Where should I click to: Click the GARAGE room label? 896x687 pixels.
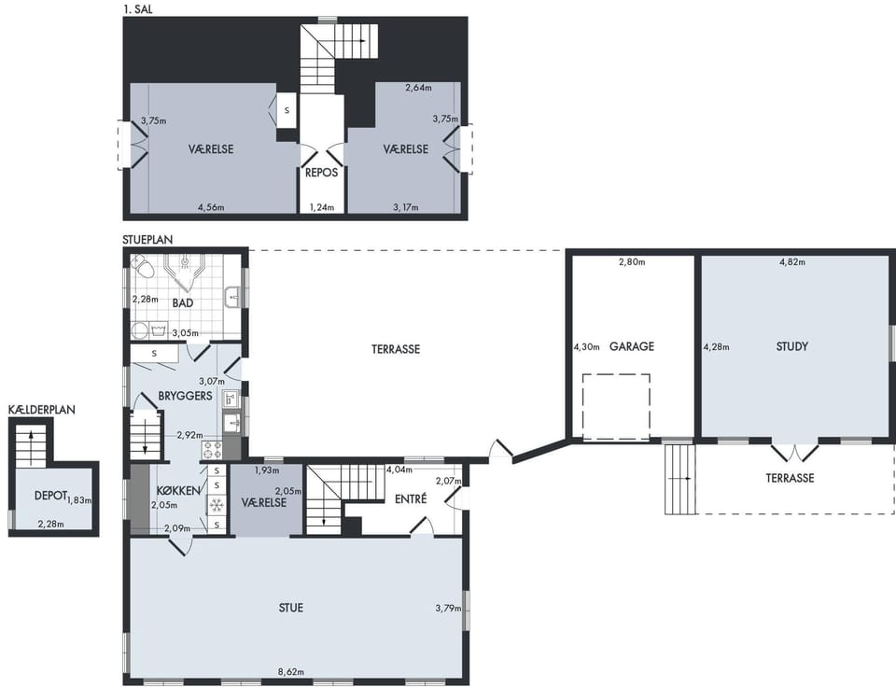coord(632,346)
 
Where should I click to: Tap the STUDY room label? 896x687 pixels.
coord(792,346)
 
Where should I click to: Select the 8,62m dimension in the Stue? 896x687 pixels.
coord(291,671)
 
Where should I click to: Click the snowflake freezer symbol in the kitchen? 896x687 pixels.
coord(216,505)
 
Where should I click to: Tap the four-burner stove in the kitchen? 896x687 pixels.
coord(212,450)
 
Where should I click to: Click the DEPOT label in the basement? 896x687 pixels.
coord(50,496)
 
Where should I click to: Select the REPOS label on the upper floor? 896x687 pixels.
coord(322,173)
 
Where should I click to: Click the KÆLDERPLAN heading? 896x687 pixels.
coord(42,410)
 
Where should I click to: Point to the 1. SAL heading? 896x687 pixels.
coord(138,9)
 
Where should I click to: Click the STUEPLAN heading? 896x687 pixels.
coord(147,240)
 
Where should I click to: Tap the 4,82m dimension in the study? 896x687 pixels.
coord(792,262)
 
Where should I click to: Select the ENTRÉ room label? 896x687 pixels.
coord(411,499)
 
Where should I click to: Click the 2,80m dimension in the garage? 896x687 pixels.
coord(632,262)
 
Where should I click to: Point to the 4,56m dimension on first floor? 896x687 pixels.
coord(211,207)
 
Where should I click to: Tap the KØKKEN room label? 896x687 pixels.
coord(179,490)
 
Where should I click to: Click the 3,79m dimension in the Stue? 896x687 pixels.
coord(448,609)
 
